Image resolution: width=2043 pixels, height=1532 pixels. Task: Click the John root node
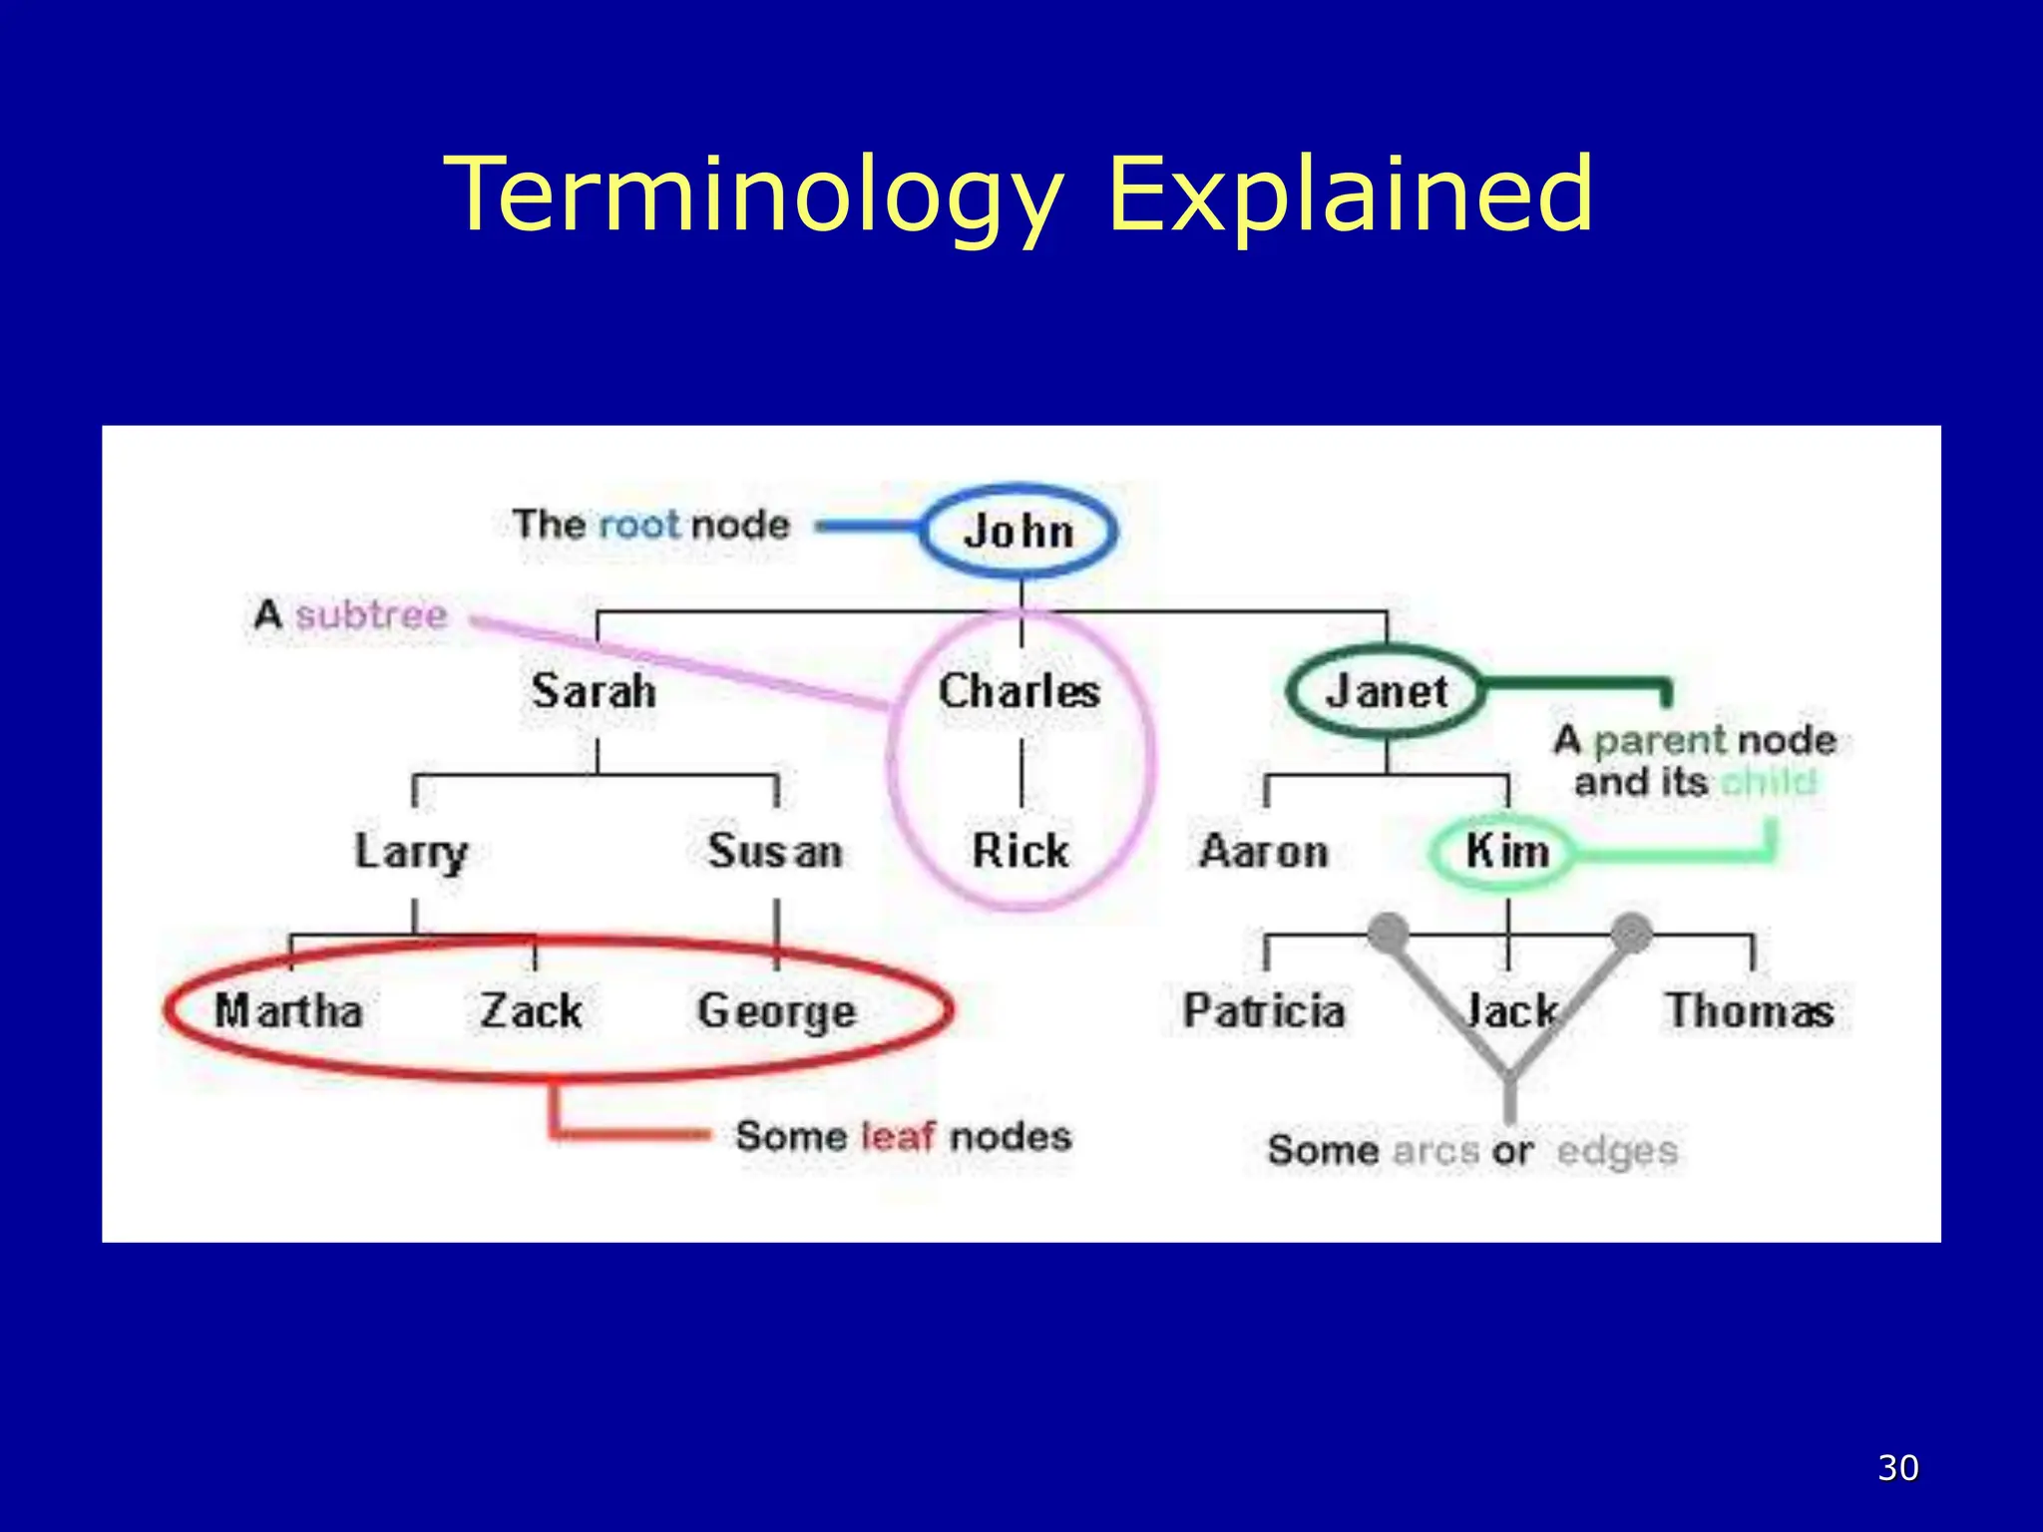pos(1019,531)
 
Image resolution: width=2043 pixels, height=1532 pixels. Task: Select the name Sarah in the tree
pos(594,691)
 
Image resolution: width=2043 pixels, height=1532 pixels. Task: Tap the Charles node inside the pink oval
pos(1019,691)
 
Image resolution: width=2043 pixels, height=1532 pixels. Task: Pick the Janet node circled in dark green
pos(1386,691)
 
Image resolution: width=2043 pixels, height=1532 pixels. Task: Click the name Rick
pos(1020,851)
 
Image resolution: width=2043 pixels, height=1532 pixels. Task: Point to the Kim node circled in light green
pos(1506,851)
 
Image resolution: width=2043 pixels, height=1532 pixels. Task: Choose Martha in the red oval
pos(288,1010)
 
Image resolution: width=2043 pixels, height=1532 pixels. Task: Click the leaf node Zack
pos(531,1010)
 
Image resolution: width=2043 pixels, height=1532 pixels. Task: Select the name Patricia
pos(1264,1010)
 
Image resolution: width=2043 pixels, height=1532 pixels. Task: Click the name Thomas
pos(1750,1010)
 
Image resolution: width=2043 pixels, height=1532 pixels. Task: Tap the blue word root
pos(638,525)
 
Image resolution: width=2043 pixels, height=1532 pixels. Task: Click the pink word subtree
pos(371,614)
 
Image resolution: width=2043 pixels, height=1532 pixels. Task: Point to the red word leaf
pos(897,1136)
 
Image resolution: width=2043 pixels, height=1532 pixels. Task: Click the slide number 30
pos(1897,1468)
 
